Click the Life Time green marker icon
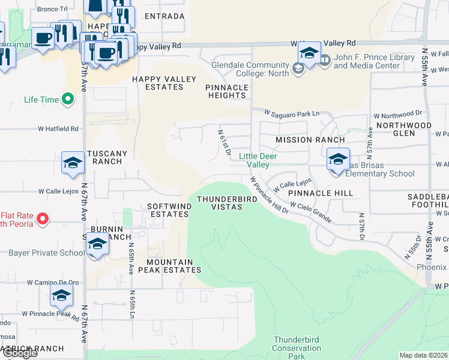[68, 99]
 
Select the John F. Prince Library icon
[325, 60]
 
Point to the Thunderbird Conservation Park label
[297, 348]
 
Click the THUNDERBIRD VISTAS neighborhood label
[219, 203]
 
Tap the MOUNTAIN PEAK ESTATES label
[170, 266]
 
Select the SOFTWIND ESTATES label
[170, 210]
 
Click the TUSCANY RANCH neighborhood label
[107, 158]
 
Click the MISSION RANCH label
[310, 140]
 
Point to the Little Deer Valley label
[258, 160]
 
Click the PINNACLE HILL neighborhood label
[320, 194]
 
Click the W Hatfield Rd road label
[58, 128]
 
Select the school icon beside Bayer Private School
[97, 245]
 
